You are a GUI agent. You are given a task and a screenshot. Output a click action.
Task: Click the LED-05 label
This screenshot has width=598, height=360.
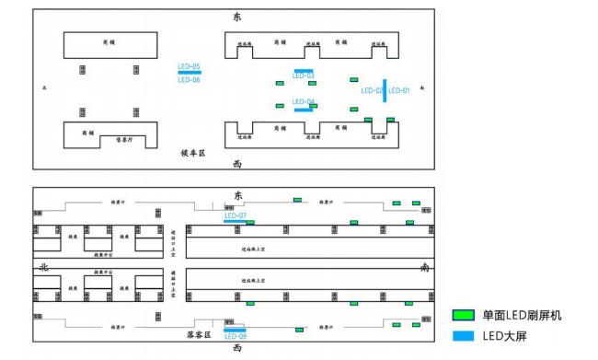pos(190,66)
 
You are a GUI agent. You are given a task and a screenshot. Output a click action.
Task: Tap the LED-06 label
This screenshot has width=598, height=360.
pos(190,80)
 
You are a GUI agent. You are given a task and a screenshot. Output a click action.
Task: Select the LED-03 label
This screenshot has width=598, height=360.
pos(304,76)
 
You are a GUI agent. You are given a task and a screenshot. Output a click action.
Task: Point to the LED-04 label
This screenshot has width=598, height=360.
pos(304,101)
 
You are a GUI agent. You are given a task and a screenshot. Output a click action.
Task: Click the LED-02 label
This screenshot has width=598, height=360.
pos(372,90)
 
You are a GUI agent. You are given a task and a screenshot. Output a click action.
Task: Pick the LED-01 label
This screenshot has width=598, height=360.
pos(398,90)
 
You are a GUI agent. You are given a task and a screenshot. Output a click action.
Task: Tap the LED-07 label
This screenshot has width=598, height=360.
pos(236,215)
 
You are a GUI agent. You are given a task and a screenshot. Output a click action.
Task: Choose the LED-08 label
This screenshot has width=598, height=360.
pos(236,336)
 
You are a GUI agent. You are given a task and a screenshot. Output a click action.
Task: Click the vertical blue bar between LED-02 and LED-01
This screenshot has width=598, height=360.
pos(385,90)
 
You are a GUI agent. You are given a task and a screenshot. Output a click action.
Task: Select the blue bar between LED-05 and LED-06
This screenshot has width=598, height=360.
pos(190,73)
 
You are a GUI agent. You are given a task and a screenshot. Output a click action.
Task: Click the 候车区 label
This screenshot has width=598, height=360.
pos(194,155)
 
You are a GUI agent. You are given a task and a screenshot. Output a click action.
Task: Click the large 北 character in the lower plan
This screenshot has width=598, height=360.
pos(41,267)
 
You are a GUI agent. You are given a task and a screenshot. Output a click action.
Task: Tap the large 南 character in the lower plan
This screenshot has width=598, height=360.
pos(424,267)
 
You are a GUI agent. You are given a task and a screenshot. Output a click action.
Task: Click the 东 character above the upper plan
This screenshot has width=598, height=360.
pos(236,17)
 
